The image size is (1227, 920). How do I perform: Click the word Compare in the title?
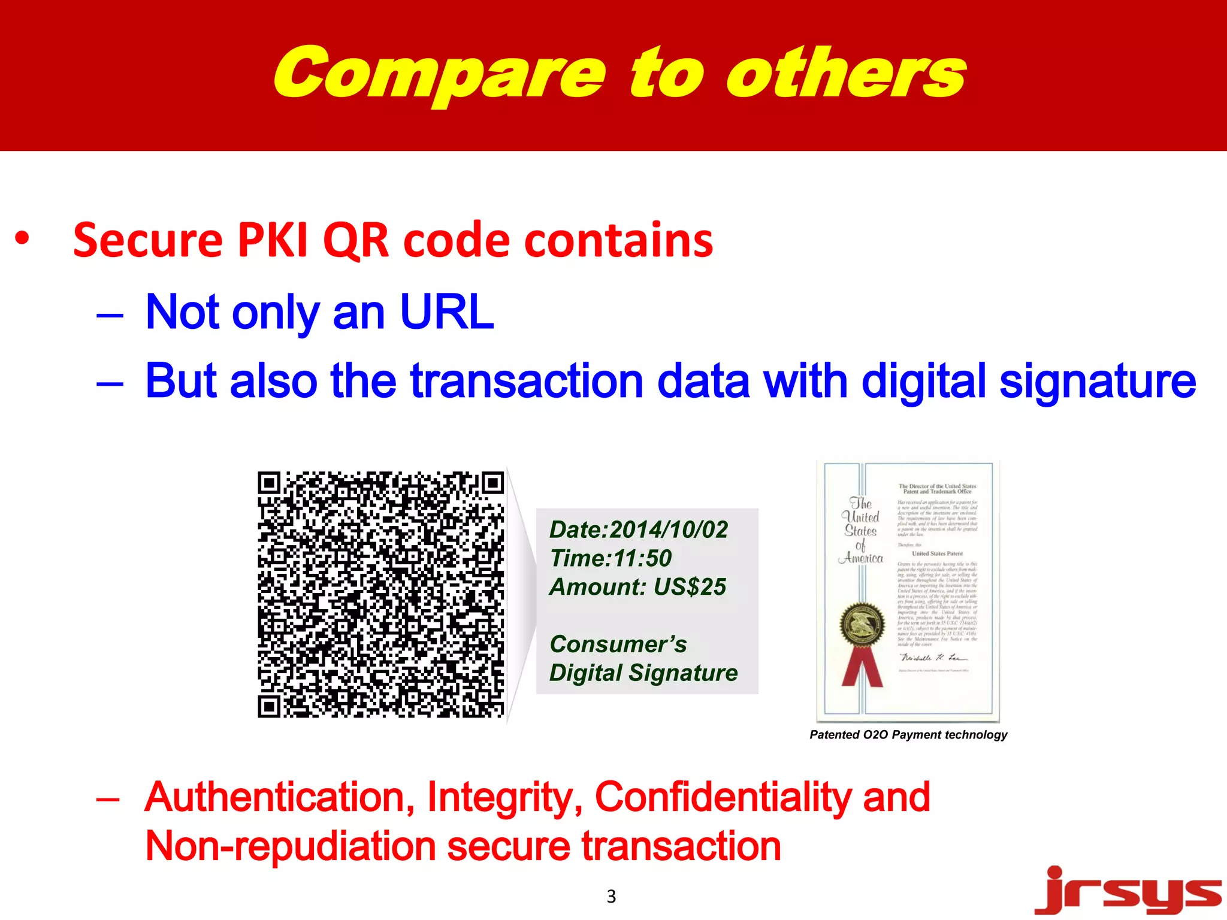[x=440, y=75]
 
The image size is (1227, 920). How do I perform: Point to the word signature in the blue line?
[x=1097, y=382]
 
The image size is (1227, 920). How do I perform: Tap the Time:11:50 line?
[x=611, y=559]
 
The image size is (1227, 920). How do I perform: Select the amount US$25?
[x=690, y=587]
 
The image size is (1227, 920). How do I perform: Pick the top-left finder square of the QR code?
[x=270, y=483]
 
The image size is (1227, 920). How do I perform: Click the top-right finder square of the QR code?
[x=494, y=483]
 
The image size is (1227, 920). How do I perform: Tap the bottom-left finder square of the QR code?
[x=270, y=707]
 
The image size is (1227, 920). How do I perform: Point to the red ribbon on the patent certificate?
[x=862, y=668]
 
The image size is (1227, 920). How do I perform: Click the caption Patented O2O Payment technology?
[x=908, y=735]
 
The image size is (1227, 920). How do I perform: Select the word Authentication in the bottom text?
[x=279, y=797]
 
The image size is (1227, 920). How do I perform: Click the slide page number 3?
[x=611, y=896]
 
